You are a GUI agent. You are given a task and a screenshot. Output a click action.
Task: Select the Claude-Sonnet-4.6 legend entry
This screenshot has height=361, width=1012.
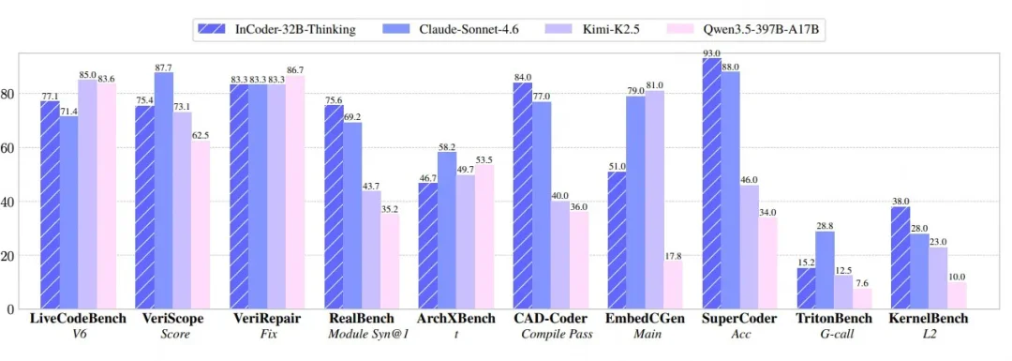pos(440,30)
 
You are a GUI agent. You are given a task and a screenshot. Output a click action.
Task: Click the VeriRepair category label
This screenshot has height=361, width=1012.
pos(265,319)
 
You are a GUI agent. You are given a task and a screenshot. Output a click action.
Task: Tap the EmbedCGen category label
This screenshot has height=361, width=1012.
pos(644,319)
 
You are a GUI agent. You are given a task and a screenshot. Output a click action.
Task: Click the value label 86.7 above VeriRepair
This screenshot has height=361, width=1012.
pos(295,70)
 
